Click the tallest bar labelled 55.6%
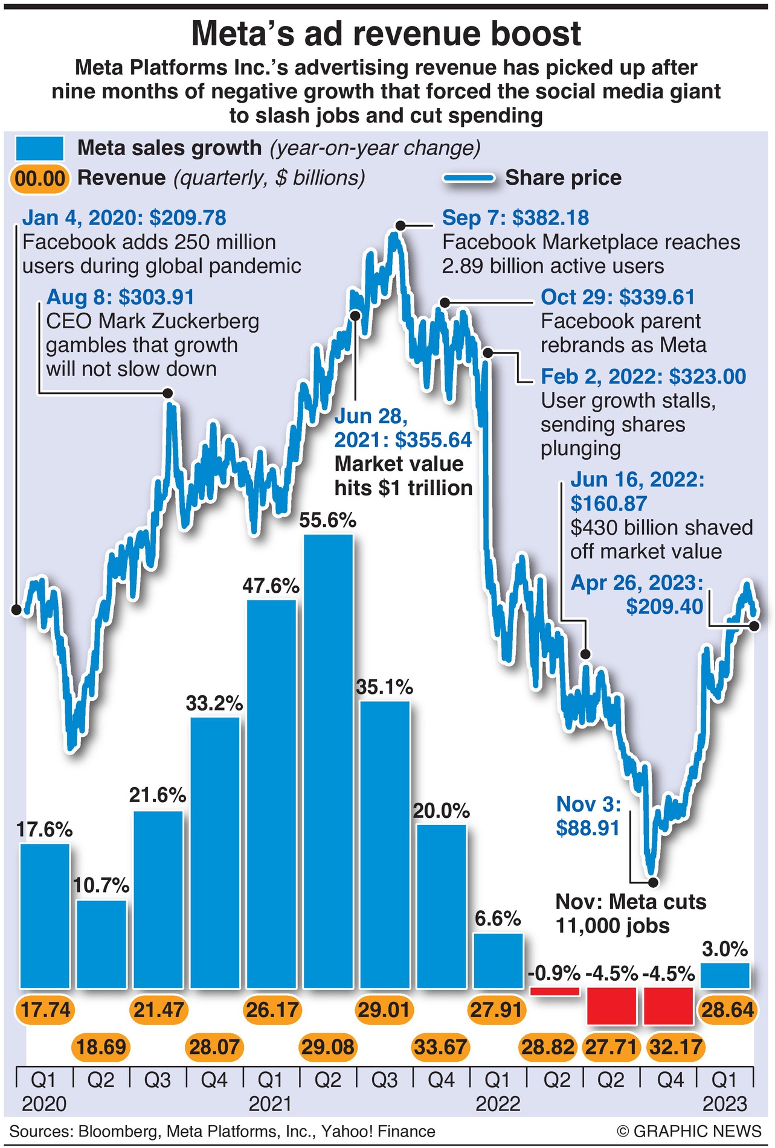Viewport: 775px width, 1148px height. [x=328, y=761]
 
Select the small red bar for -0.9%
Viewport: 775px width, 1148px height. [x=554, y=991]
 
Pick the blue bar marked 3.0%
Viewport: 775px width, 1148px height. [x=725, y=975]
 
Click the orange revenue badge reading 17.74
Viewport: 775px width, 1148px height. [x=45, y=1010]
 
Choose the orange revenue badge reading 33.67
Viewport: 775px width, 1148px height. [x=440, y=1047]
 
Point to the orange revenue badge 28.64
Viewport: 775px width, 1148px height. [x=727, y=1010]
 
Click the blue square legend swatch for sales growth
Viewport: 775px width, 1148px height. [x=40, y=148]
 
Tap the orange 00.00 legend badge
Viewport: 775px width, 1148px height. [x=40, y=179]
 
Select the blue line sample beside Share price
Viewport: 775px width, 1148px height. [x=469, y=179]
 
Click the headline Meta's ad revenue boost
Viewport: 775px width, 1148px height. [x=387, y=34]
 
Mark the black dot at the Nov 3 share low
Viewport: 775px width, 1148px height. [x=652, y=882]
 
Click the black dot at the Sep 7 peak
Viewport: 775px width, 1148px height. [x=400, y=226]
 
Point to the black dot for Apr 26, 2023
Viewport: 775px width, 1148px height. [x=754, y=627]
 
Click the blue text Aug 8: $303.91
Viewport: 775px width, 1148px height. [x=120, y=298]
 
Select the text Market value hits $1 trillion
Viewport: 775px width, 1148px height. [x=403, y=476]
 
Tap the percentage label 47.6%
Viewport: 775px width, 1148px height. [x=271, y=585]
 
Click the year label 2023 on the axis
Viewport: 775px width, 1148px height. [x=725, y=1104]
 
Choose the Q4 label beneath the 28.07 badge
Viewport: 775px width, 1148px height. [x=214, y=1079]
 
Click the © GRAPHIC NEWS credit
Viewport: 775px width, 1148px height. [x=689, y=1131]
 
